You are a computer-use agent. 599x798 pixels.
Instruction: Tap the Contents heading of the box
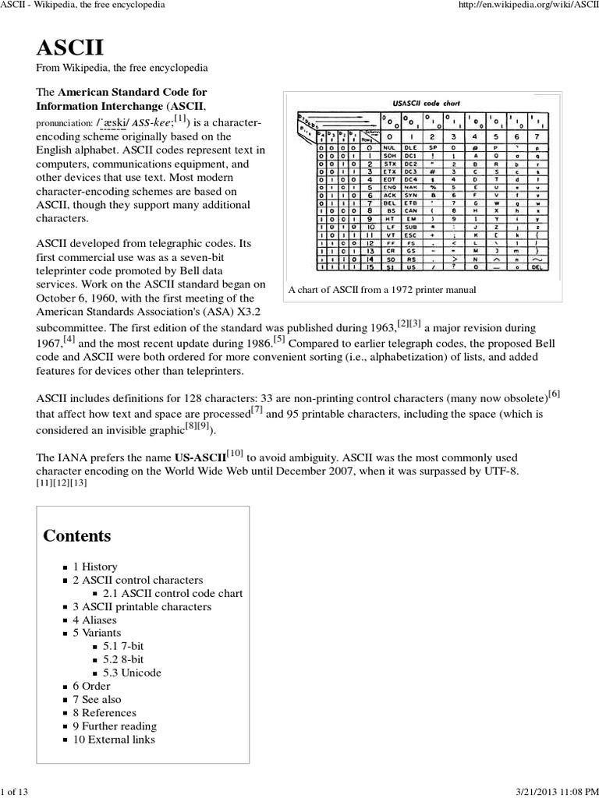[x=77, y=535]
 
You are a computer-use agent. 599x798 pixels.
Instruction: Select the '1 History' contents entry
[x=95, y=567]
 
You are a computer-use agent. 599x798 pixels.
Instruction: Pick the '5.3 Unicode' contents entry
[x=132, y=673]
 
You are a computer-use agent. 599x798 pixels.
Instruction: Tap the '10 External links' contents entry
[x=114, y=739]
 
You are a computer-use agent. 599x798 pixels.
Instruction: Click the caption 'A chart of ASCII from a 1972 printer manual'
[x=382, y=290]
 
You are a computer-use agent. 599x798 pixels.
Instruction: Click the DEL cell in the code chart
[x=535, y=266]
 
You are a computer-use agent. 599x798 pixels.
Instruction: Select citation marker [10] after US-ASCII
[x=236, y=453]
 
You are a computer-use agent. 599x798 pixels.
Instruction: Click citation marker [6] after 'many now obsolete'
[x=554, y=394]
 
